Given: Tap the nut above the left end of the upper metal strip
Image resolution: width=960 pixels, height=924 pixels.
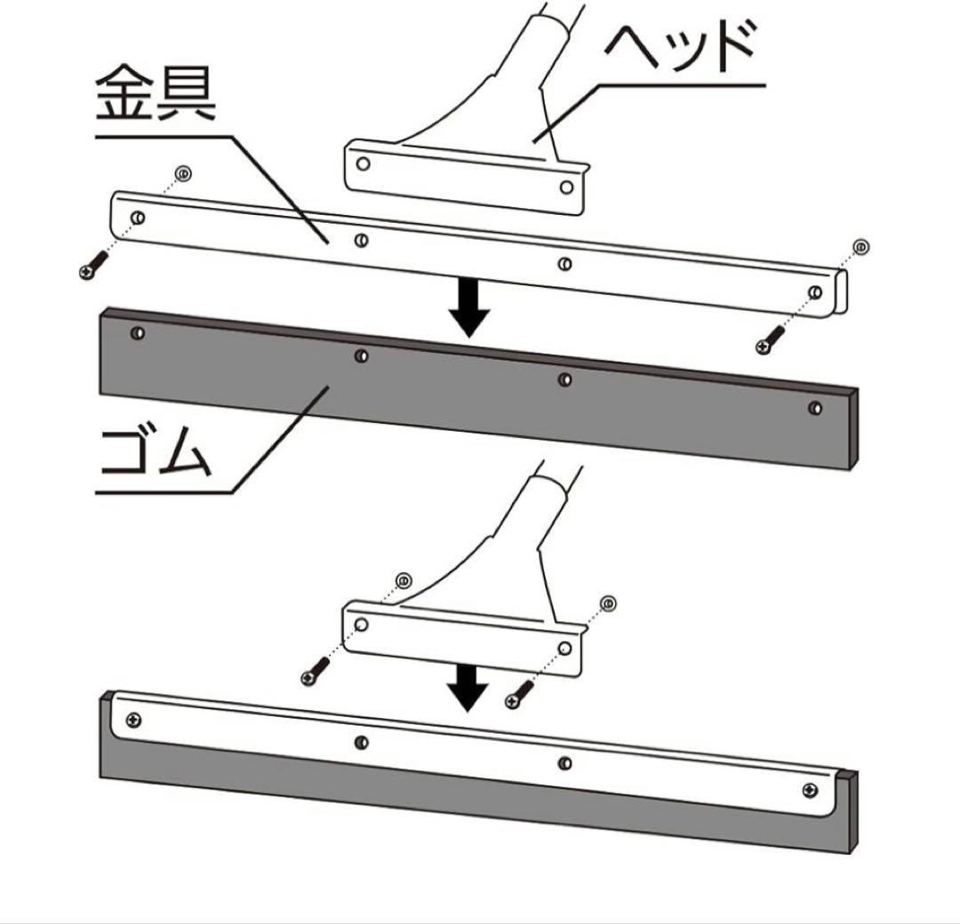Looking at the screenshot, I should coord(182,173).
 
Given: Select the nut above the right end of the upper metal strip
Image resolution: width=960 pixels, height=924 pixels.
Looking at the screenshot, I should coord(860,246).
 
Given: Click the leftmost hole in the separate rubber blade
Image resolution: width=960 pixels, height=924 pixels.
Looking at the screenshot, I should coord(137,333).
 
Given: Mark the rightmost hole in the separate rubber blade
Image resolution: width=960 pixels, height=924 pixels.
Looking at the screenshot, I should coord(815,408).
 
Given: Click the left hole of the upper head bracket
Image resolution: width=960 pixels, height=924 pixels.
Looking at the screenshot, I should coord(362,163).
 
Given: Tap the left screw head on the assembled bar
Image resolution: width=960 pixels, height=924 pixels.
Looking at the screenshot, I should coord(134,718).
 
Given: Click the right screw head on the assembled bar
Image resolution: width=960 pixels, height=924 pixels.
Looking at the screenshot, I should coord(810,789).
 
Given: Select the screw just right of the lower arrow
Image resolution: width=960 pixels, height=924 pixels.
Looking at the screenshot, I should coord(518,694).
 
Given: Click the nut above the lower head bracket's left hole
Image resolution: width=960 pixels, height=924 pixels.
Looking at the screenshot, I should coord(403,581).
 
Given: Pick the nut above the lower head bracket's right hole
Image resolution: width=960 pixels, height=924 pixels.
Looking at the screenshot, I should coord(609,604).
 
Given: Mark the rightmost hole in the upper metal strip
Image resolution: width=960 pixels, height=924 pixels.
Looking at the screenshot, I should coord(815,291).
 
